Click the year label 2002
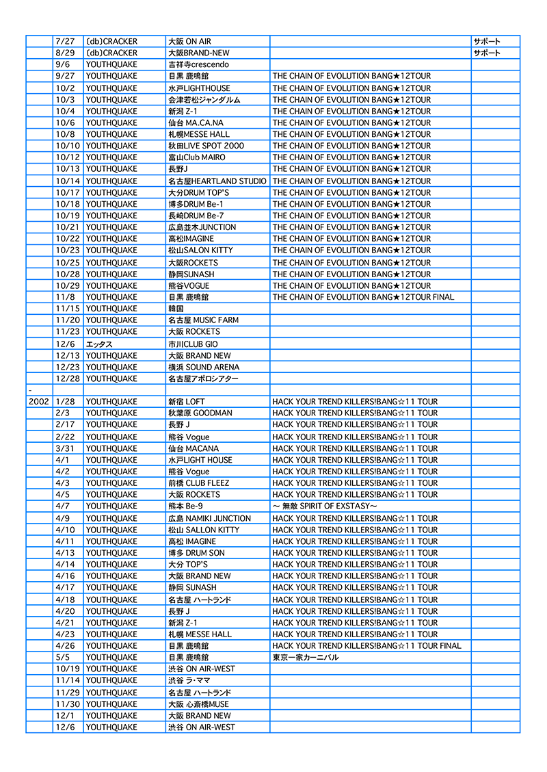click(38, 402)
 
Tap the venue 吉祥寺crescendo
click(198, 64)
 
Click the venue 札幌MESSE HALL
click(199, 134)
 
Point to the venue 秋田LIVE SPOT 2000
click(206, 146)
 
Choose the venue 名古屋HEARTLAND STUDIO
click(217, 181)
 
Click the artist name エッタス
click(99, 344)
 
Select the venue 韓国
click(176, 309)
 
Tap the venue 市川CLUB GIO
click(193, 344)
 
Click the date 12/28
click(67, 378)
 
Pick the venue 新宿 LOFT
click(186, 402)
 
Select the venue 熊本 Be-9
click(185, 506)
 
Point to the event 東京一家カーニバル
click(305, 657)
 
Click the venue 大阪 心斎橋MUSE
click(198, 704)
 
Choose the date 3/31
click(64, 448)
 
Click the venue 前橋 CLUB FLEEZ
click(198, 483)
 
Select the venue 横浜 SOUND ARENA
click(204, 367)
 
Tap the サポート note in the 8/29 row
click(487, 53)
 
